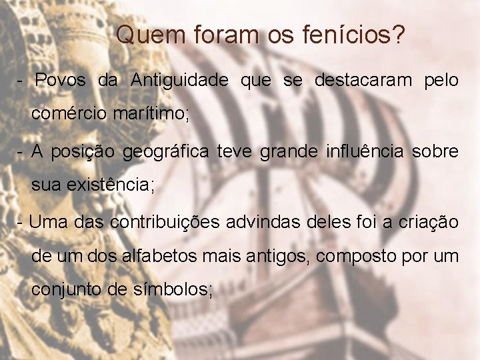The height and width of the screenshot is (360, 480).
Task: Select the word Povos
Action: (61, 81)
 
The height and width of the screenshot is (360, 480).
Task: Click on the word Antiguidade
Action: (179, 81)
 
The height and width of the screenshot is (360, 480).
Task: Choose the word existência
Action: (111, 185)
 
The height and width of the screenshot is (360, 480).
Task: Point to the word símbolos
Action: (177, 291)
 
